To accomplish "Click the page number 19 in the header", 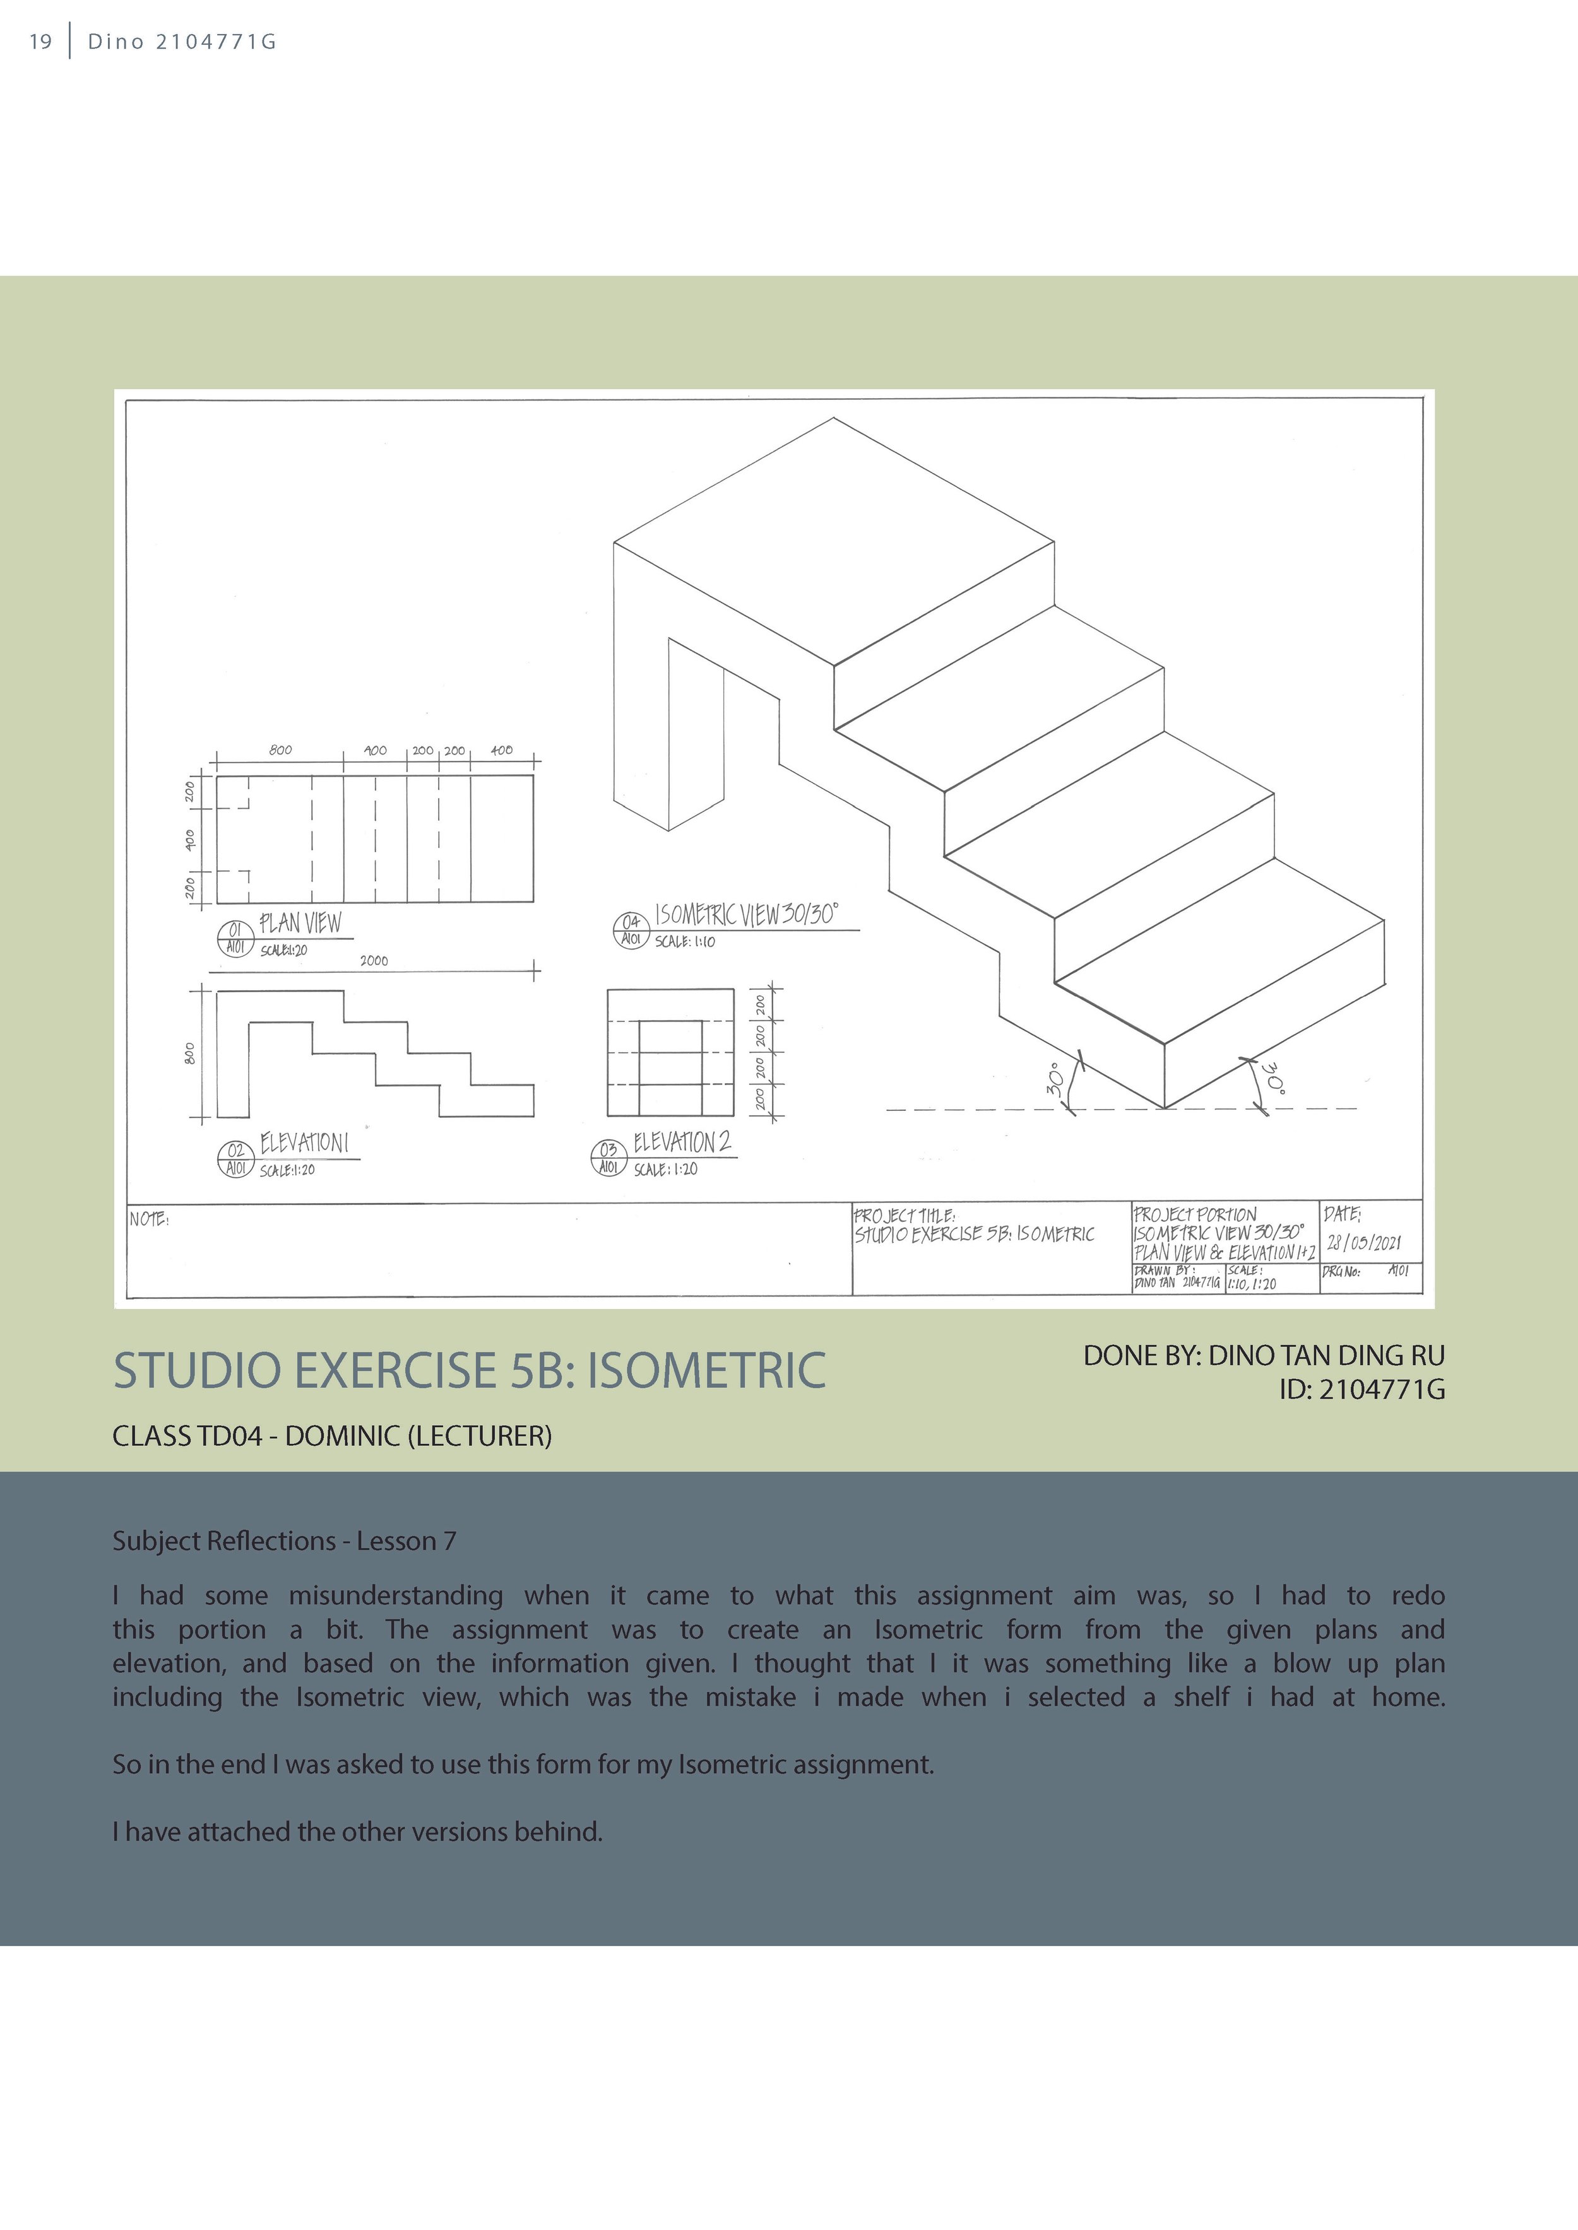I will click(40, 42).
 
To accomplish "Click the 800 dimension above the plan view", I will click(280, 750).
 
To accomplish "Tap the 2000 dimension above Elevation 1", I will click(374, 961).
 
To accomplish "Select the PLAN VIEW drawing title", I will click(300, 923).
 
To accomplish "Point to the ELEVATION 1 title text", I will click(304, 1143).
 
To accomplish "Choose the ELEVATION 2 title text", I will click(682, 1142).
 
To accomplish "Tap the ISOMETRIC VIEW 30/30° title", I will click(746, 915).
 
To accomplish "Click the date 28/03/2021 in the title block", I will click(1364, 1243).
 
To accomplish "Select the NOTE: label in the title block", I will click(150, 1220).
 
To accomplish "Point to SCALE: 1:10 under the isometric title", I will click(685, 942).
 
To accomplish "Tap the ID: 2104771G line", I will click(1361, 1390).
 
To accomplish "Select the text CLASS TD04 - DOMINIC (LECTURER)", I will click(332, 1436).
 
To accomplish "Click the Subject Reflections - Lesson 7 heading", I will click(284, 1541).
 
